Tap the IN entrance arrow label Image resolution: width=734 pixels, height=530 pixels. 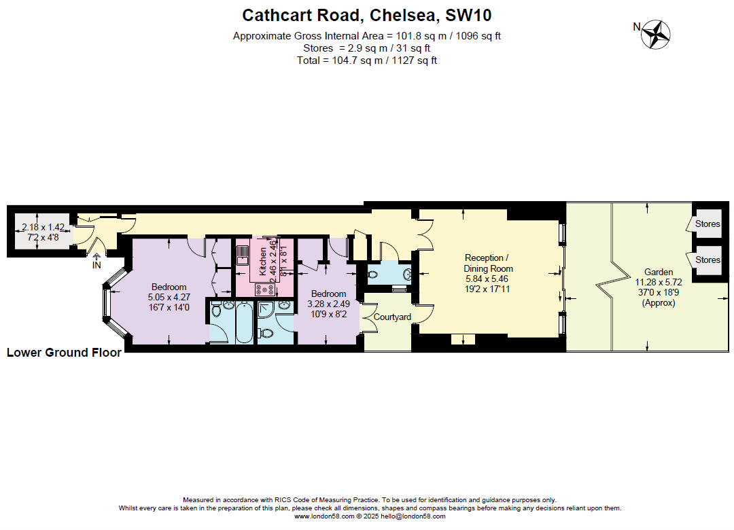pyautogui.click(x=97, y=264)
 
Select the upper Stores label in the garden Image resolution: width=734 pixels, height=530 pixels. pyautogui.click(x=707, y=224)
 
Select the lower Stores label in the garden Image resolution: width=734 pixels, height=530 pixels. pyautogui.click(x=707, y=260)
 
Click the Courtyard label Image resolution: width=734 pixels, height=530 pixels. pyautogui.click(x=392, y=317)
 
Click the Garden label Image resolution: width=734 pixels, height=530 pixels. pyautogui.click(x=659, y=272)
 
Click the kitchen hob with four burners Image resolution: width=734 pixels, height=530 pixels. pyautogui.click(x=264, y=289)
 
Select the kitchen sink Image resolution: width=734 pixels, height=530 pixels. pyautogui.click(x=243, y=255)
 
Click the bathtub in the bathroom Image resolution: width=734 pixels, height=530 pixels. pyautogui.click(x=243, y=323)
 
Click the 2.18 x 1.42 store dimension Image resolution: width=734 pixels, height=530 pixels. pyautogui.click(x=43, y=228)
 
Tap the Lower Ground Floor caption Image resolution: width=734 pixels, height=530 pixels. pyautogui.click(x=64, y=353)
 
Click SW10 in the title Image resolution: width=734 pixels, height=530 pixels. pyautogui.click(x=468, y=15)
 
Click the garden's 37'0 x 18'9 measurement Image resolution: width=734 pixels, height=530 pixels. pyautogui.click(x=659, y=292)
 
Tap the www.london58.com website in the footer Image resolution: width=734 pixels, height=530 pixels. pyautogui.click(x=324, y=516)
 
